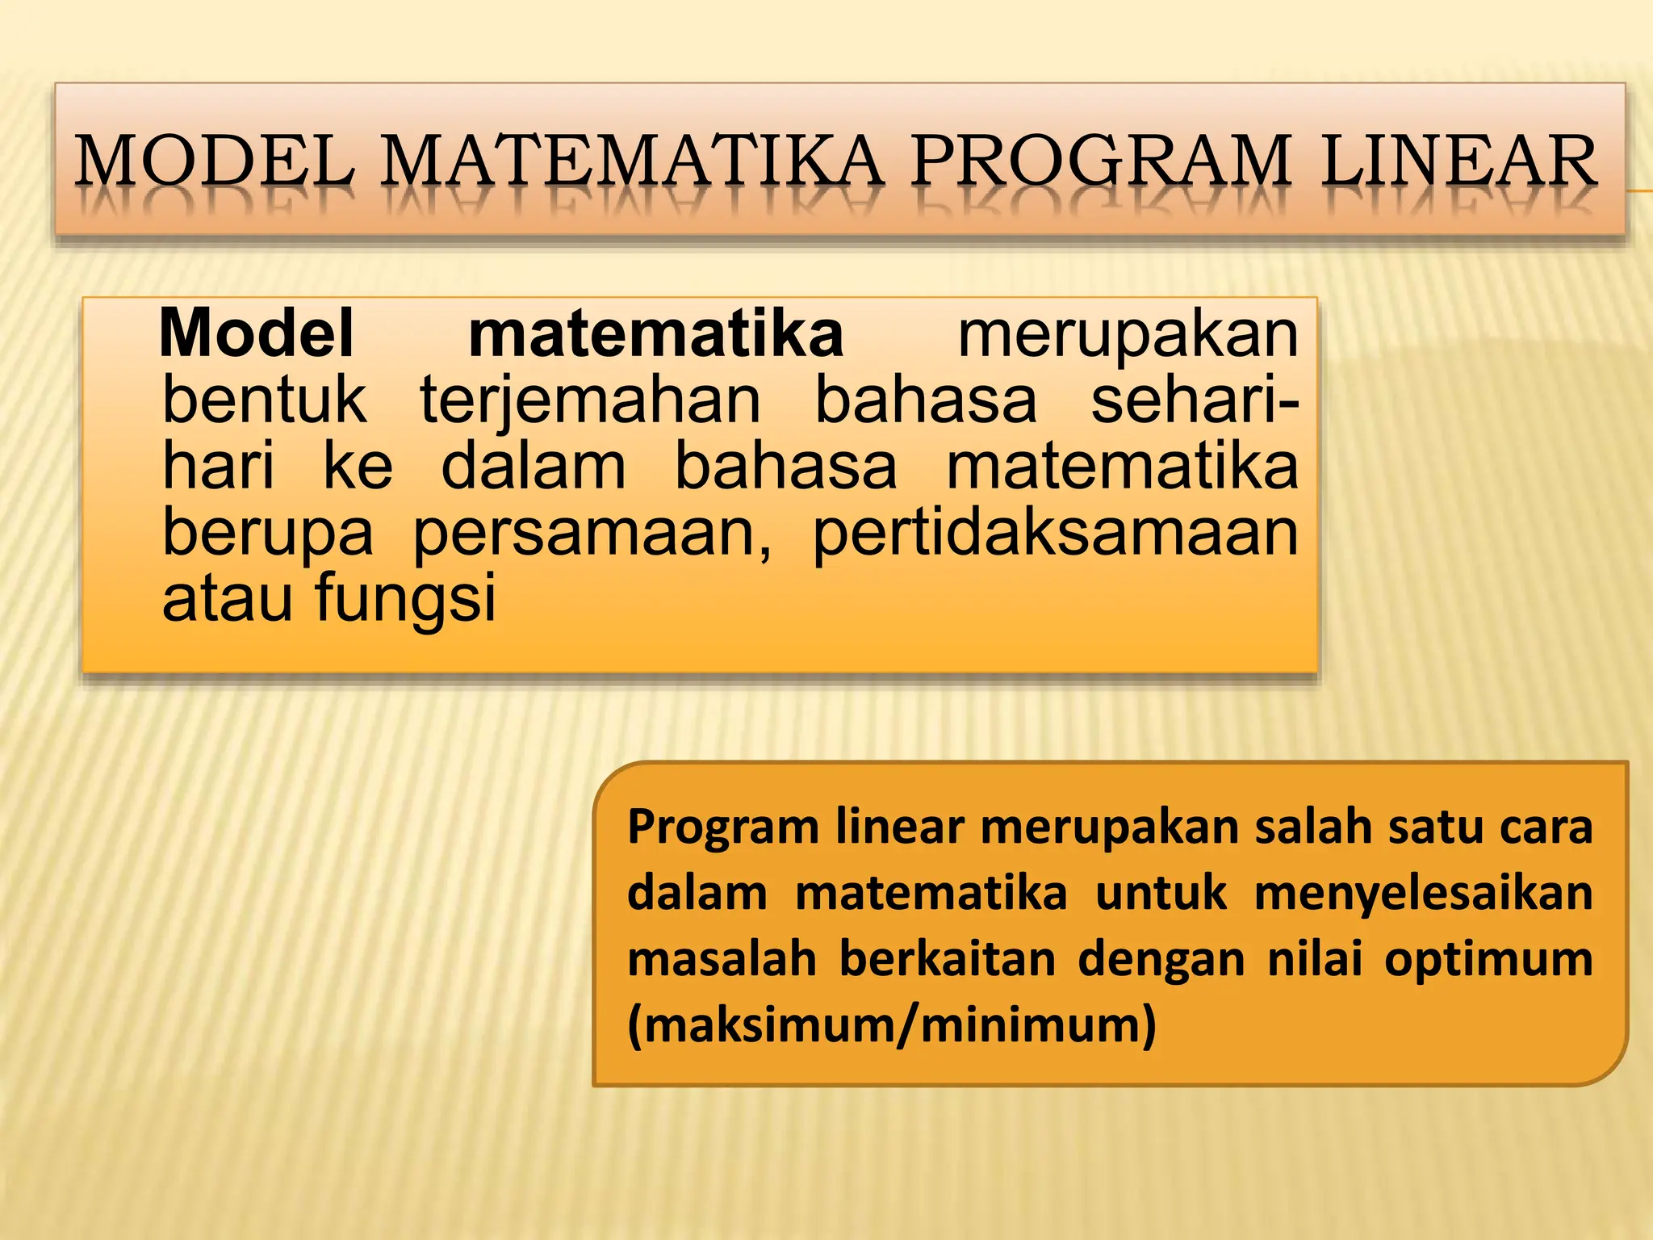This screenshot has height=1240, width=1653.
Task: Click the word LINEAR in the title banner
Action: (x=1459, y=161)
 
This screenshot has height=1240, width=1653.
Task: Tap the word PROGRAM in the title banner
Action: (x=1102, y=161)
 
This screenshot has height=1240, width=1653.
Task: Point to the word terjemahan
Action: (x=590, y=402)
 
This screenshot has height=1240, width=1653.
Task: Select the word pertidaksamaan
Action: (x=1055, y=534)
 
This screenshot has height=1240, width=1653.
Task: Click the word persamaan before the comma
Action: (x=591, y=534)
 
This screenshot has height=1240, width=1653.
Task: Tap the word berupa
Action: (x=268, y=534)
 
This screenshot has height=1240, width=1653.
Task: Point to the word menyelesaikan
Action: (x=1423, y=894)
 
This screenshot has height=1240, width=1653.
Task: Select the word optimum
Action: (x=1488, y=961)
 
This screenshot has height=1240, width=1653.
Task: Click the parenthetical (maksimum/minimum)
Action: (x=892, y=1025)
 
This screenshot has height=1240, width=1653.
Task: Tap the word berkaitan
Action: (x=947, y=959)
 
